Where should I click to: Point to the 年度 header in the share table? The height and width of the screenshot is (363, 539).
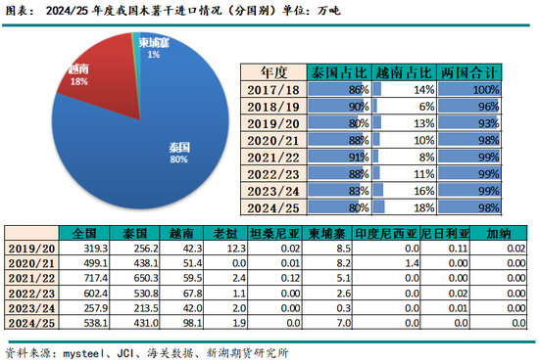click(271, 73)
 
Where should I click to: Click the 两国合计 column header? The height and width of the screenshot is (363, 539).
click(470, 73)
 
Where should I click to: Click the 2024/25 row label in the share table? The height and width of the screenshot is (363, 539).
click(271, 205)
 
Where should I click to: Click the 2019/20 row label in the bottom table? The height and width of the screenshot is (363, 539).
click(30, 250)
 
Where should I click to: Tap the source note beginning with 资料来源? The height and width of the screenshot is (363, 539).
click(137, 351)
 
